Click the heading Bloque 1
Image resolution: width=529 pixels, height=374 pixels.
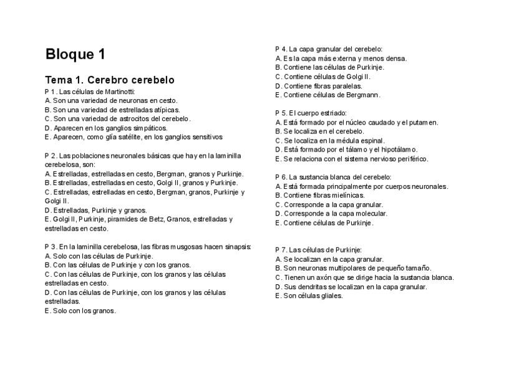[x=75, y=55]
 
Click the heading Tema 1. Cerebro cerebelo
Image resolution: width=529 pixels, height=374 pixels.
[x=109, y=80]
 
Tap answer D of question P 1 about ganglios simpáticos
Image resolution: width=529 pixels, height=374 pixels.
[x=106, y=128]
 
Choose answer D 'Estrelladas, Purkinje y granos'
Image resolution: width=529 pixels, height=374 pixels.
[x=95, y=210]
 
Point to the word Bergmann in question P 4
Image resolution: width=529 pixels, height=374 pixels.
[x=366, y=95]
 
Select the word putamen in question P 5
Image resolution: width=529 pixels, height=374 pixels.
[x=425, y=122]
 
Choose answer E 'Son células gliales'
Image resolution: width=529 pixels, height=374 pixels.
[x=309, y=295]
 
